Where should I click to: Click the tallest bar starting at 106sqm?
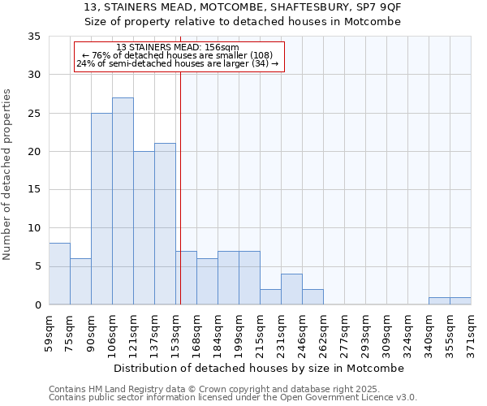pos(123,201)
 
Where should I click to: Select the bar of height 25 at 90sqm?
pos(101,209)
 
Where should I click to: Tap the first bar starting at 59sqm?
pos(59,274)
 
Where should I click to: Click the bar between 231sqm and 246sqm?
pos(291,289)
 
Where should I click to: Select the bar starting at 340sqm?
pos(439,301)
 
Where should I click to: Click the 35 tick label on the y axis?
pos(33,37)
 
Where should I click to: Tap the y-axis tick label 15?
pos(33,190)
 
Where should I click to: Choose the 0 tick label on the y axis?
pos(37,305)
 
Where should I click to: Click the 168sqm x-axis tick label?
pos(196,331)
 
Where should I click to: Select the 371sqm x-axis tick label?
pos(471,331)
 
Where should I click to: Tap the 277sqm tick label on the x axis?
pos(344,331)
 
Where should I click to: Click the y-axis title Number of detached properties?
pos(8,175)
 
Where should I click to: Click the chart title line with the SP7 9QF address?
pos(243,7)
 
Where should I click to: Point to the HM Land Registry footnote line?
pos(215,390)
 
